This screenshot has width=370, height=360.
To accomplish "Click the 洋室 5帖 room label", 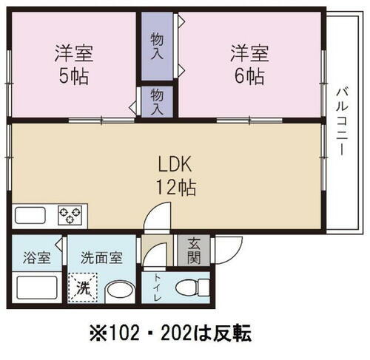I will point(73,65).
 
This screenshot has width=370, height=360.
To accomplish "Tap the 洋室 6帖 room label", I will point(249,65).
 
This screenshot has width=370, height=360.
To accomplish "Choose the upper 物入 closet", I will point(157,47).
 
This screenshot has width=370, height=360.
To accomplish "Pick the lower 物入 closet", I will point(157,100).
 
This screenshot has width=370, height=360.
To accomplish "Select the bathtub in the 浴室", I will point(35,288).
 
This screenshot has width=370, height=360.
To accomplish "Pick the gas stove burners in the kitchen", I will point(72,217).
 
